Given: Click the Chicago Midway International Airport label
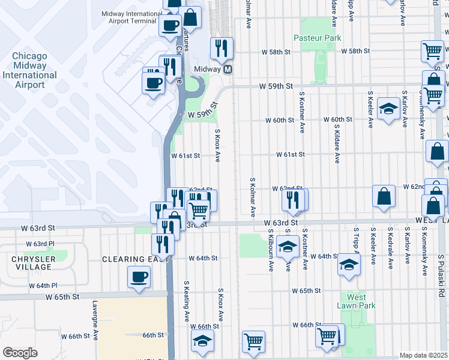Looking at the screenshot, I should click(x=29, y=70).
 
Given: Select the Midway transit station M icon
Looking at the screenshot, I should click(x=228, y=70).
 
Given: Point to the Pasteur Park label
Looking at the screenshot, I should click(x=317, y=38).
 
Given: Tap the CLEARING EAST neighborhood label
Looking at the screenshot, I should click(x=128, y=259).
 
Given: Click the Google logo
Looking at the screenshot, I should click(x=20, y=352).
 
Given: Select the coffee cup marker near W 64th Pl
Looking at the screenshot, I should click(x=139, y=278).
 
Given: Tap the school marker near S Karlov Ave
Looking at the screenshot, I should click(x=388, y=109).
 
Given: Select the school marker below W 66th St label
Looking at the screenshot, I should click(x=203, y=341).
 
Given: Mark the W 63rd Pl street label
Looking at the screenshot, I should click(x=40, y=244).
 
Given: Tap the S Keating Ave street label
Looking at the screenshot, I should click(x=187, y=300).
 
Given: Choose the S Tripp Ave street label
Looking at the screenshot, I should click(x=356, y=245).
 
